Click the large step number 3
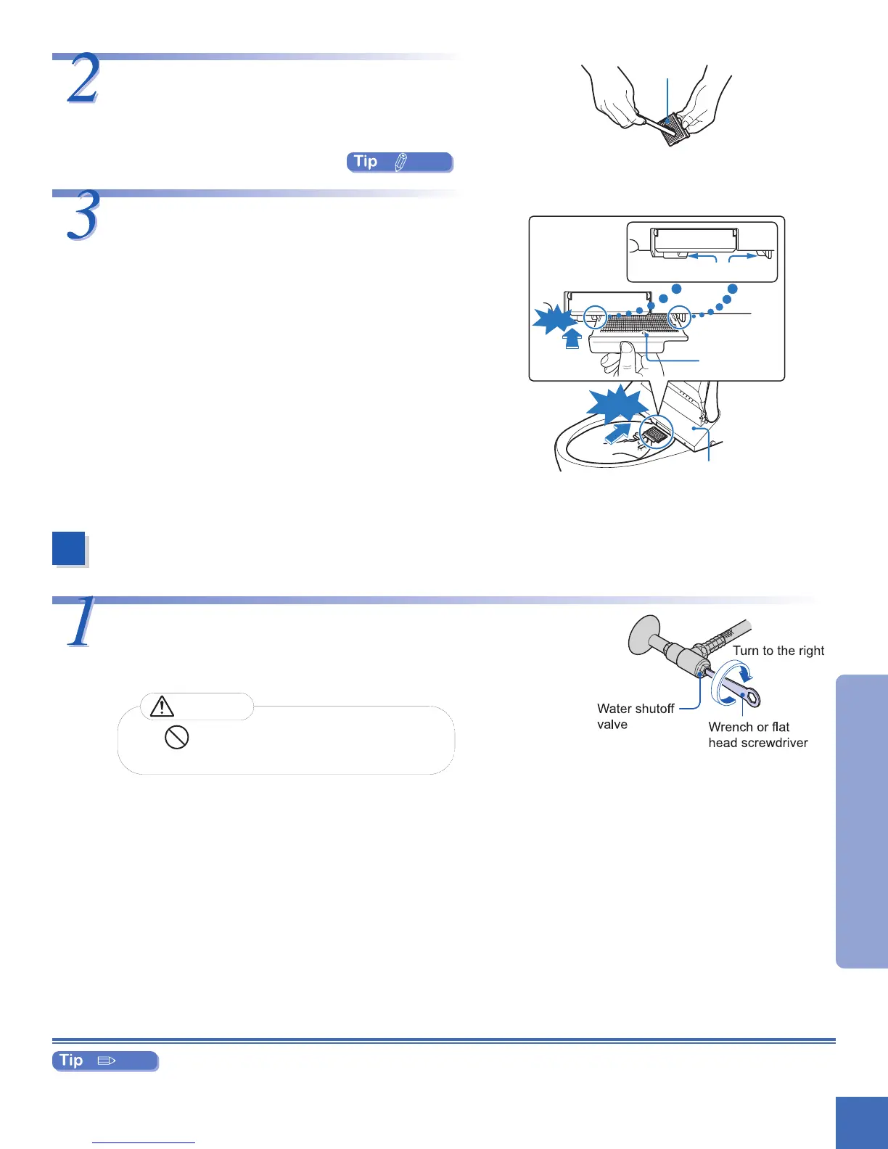[83, 216]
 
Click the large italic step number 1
[80, 622]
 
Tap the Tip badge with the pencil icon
[400, 162]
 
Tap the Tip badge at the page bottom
[105, 1061]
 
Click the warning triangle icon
[162, 706]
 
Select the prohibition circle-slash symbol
[177, 738]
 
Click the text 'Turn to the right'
[778, 651]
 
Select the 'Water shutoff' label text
[636, 709]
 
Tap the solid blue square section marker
[69, 549]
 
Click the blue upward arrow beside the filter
[572, 339]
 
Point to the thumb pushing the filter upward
[626, 355]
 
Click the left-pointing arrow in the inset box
[702, 256]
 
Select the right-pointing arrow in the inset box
[743, 256]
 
